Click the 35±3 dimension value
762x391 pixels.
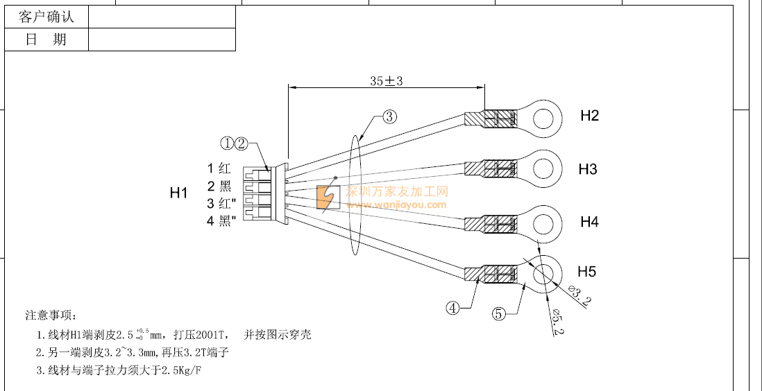pos(387,81)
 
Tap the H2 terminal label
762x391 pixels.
pos(589,116)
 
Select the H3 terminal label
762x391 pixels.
pos(588,169)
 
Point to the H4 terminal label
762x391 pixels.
pos(589,222)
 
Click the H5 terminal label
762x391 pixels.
pos(586,271)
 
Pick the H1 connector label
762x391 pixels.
pos(179,193)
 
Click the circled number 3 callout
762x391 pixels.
pos(390,116)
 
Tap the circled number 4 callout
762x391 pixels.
pos(452,309)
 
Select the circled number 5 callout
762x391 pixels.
pos(498,313)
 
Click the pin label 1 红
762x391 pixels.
pos(219,168)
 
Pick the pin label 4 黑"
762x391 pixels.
pos(221,221)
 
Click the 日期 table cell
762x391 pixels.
pos(46,40)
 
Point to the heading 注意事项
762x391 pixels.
pos(52,315)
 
